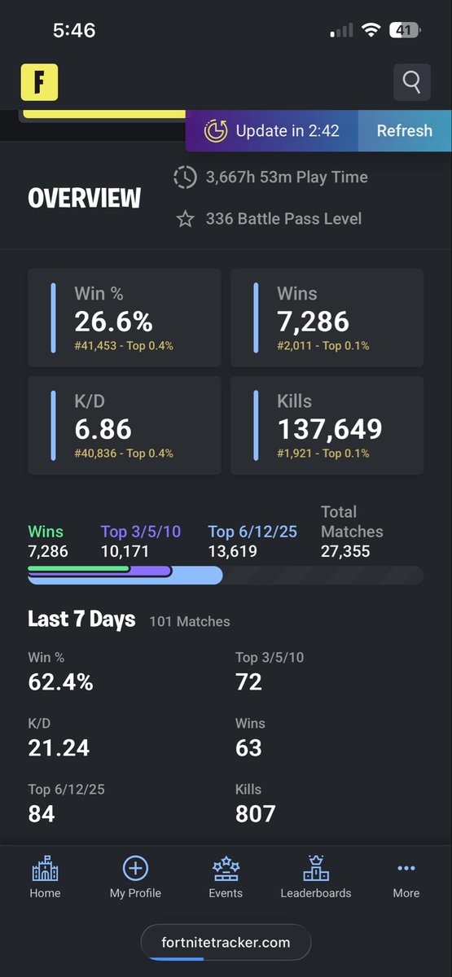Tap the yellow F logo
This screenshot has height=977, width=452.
click(39, 82)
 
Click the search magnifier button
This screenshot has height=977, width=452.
click(412, 82)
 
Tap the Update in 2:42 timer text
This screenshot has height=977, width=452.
click(287, 131)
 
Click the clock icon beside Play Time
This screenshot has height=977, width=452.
click(185, 177)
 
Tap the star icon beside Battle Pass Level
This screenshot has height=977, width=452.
click(185, 218)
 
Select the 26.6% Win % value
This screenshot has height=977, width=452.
click(113, 322)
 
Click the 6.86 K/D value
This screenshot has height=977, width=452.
click(103, 429)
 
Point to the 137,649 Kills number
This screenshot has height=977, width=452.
click(330, 429)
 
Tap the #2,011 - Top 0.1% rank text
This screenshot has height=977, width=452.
click(323, 346)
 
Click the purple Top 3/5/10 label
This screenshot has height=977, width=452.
click(140, 532)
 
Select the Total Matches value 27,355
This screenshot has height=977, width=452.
click(345, 551)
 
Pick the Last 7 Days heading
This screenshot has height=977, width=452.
click(81, 620)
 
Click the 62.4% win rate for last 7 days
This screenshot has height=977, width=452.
click(60, 681)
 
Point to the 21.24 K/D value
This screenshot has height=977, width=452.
click(59, 747)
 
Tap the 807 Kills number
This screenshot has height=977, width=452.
click(255, 813)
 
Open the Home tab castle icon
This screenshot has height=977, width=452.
click(45, 868)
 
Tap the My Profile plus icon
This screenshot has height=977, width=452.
click(135, 868)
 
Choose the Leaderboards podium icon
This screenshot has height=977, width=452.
click(316, 868)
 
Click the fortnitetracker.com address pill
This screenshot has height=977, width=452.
click(226, 942)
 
